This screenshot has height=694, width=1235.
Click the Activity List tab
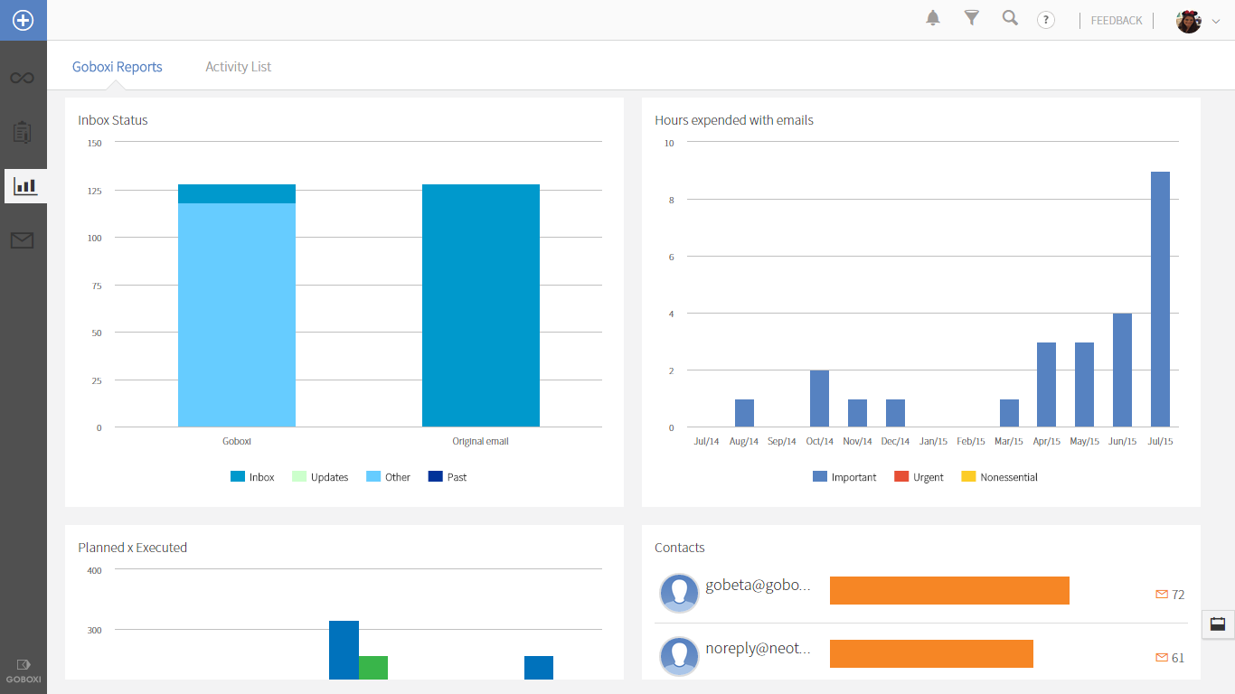(238, 67)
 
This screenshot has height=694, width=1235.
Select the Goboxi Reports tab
(118, 67)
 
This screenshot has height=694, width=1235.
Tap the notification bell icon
(933, 18)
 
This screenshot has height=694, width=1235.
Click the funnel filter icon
(972, 18)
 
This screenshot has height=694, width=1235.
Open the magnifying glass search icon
(1010, 18)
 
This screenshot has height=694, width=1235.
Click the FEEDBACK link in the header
(1117, 21)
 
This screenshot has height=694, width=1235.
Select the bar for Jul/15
(1160, 299)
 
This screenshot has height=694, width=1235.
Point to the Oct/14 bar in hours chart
(819, 399)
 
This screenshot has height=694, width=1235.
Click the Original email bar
(481, 305)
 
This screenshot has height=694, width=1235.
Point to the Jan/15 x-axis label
(933, 442)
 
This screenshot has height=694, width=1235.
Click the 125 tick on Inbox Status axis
(94, 191)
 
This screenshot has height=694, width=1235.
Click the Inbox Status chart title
(113, 120)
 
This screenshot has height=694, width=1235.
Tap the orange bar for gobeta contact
(949, 591)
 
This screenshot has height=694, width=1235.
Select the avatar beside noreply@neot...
(680, 656)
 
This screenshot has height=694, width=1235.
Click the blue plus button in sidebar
(23, 20)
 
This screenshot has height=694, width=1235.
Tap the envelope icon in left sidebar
(23, 240)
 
